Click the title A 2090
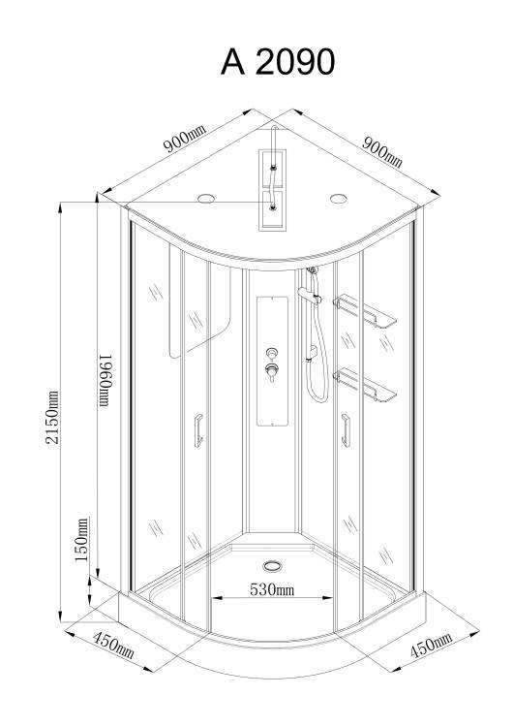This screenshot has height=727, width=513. point(278,62)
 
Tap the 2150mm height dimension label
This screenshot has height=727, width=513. point(52,417)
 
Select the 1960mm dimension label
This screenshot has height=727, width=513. point(106,380)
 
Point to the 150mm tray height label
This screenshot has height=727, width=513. point(82,540)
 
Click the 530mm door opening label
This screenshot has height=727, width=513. point(272,589)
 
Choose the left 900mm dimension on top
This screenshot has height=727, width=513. point(184,139)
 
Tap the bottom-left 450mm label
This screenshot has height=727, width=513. point(113,645)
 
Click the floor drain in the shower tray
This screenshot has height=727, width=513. point(272,566)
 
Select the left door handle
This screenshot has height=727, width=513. point(198,430)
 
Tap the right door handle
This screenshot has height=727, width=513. point(346,430)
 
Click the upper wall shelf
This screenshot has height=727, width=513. point(364,311)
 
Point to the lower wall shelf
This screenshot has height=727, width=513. point(364,385)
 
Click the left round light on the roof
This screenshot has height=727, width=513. point(206,199)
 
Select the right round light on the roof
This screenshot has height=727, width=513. point(339,199)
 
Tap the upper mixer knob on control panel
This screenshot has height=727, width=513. point(272,354)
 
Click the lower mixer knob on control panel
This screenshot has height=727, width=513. point(272,371)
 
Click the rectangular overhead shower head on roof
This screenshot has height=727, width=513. point(272,189)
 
